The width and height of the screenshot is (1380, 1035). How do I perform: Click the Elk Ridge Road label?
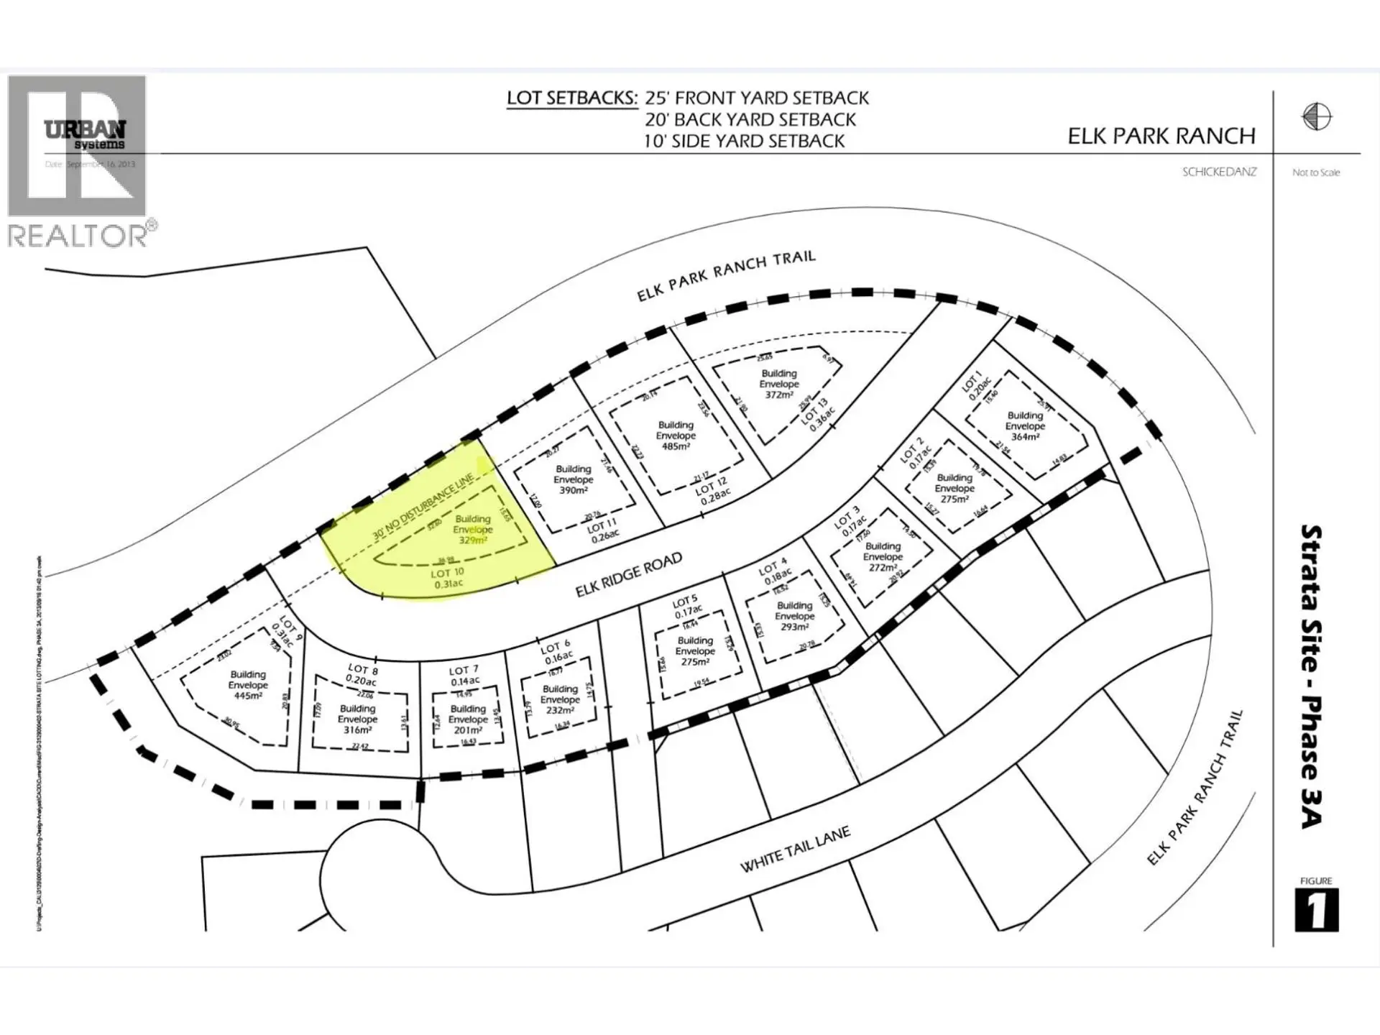[x=628, y=575]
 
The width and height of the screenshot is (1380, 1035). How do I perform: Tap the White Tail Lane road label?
[x=795, y=849]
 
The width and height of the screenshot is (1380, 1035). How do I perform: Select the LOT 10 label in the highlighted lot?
[x=447, y=573]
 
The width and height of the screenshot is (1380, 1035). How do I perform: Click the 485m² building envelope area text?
[x=676, y=446]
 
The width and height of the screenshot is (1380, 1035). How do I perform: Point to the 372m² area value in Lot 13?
[x=779, y=395]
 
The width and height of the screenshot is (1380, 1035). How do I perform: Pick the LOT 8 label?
[x=363, y=669]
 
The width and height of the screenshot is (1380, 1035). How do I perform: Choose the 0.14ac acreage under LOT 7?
[x=465, y=681]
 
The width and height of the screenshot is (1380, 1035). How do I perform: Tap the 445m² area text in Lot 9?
[x=247, y=696]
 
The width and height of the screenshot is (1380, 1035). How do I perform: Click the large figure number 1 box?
[x=1316, y=910]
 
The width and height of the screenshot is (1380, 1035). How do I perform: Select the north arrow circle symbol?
[x=1316, y=116]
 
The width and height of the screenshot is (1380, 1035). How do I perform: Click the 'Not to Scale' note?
[x=1315, y=172]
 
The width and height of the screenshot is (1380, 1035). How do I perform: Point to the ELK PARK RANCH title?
[x=1161, y=136]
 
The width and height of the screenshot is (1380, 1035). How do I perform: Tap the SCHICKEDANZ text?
[x=1219, y=172]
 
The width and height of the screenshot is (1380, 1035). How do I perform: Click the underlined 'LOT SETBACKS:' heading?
[x=571, y=98]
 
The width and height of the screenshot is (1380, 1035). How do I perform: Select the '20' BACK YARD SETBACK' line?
[x=750, y=119]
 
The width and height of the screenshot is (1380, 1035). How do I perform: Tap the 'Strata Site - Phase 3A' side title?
[x=1312, y=676]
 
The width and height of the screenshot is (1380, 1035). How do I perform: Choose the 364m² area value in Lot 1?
[x=1025, y=437]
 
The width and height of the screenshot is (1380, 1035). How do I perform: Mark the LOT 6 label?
[x=556, y=646]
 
